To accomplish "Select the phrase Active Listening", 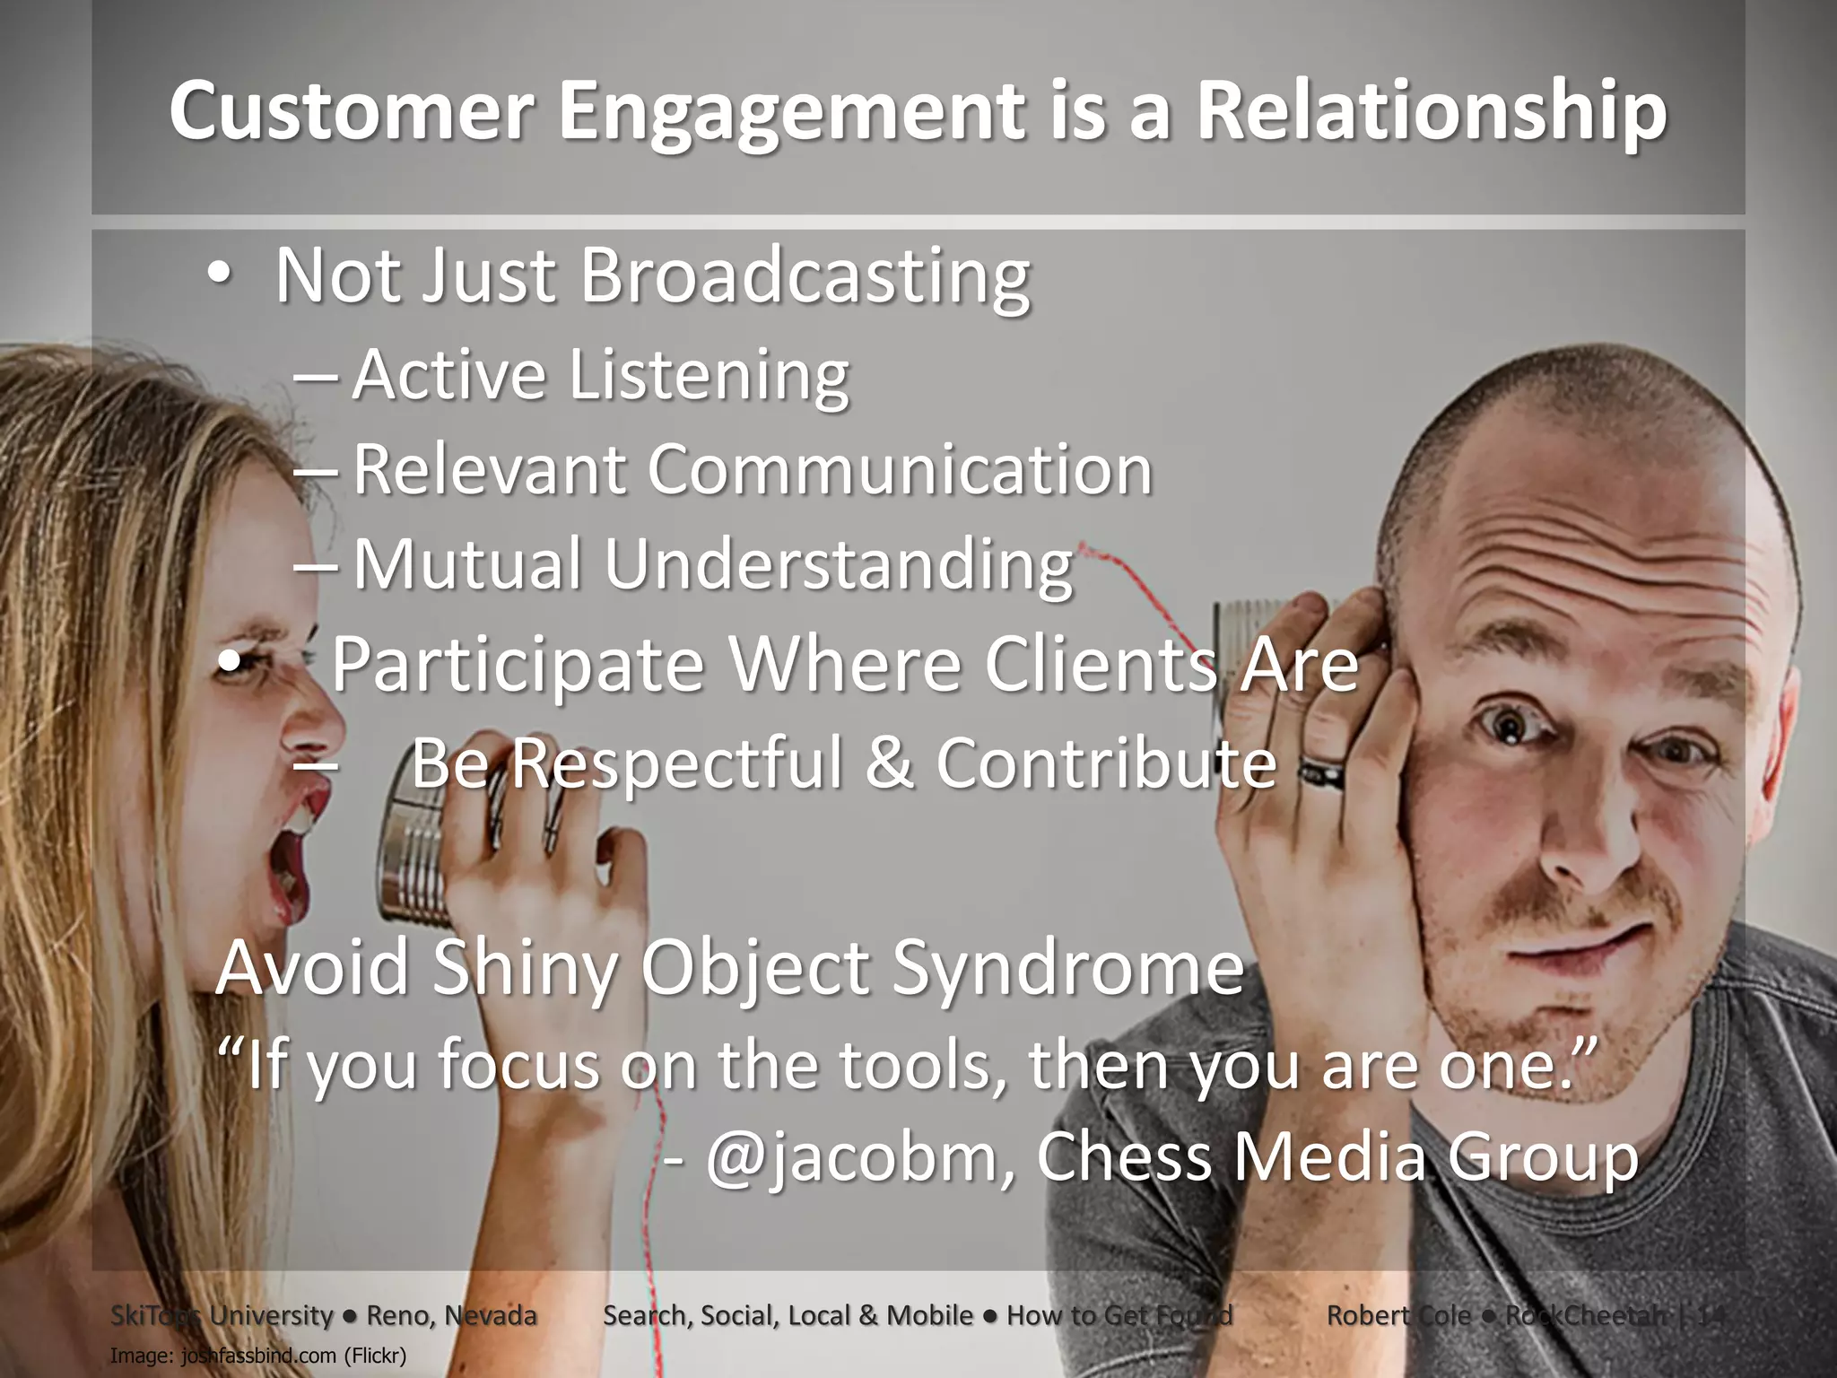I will [x=600, y=375].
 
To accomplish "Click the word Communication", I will [x=900, y=469].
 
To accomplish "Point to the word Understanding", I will [x=838, y=564].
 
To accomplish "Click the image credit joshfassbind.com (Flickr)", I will [x=258, y=1355].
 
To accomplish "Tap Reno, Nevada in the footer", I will [x=451, y=1316].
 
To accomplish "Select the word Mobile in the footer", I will [x=929, y=1316].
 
